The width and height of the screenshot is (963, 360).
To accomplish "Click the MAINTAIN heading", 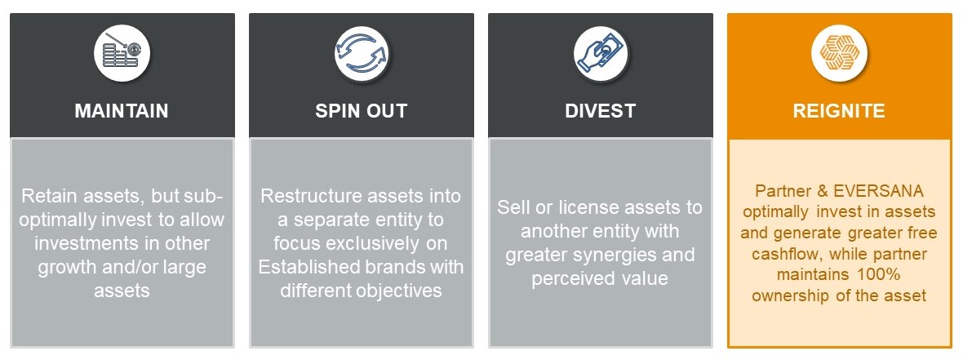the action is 122,110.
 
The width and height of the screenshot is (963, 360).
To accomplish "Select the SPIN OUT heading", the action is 361,110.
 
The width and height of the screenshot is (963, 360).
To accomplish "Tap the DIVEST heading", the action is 600,110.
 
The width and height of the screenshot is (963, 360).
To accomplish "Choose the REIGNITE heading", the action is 839,110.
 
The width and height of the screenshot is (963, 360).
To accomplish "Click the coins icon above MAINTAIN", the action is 122,53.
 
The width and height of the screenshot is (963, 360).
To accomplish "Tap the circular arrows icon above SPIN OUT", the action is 361,53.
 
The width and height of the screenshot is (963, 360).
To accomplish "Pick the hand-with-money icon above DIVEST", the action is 601,53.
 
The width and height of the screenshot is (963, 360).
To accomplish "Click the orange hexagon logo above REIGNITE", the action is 839,53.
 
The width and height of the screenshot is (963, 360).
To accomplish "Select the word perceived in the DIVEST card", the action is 570,279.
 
